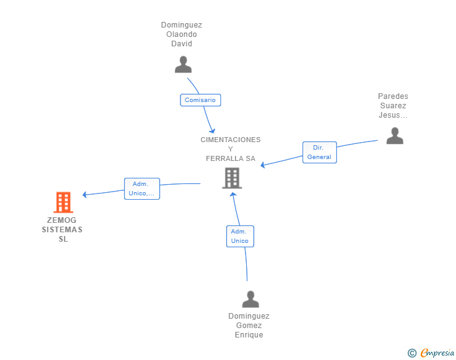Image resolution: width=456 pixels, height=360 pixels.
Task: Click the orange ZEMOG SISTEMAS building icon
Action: tap(63, 202)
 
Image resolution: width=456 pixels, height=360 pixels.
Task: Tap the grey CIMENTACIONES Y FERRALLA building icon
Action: tap(232, 178)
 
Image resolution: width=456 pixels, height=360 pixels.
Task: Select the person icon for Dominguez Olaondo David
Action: tap(183, 64)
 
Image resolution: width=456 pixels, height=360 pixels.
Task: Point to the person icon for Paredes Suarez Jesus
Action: tap(395, 136)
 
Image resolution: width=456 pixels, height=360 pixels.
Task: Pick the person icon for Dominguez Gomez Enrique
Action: tap(251, 299)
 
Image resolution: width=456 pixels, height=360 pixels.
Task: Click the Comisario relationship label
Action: tap(200, 100)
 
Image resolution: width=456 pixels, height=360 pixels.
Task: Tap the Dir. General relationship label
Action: tap(319, 152)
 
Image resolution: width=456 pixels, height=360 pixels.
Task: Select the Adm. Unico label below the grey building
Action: tap(240, 236)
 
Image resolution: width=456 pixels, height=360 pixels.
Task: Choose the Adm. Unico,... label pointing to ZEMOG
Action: tap(142, 188)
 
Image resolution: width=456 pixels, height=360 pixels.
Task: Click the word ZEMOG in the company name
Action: tap(62, 220)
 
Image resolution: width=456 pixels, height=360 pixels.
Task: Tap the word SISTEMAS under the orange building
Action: tap(62, 230)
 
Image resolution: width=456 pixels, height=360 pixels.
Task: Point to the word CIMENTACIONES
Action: tap(231, 140)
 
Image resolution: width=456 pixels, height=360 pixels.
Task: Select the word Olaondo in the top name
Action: tap(182, 34)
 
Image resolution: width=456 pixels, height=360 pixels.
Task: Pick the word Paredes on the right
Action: tap(393, 96)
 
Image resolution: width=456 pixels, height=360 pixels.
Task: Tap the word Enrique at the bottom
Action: tap(249, 335)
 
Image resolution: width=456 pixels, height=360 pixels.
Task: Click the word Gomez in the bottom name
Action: tap(249, 326)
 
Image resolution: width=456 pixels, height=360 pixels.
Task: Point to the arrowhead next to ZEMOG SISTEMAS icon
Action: tap(86, 195)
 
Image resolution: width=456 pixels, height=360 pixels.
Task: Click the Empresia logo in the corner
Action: tap(437, 353)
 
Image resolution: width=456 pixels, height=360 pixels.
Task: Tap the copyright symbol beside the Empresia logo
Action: tap(412, 353)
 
